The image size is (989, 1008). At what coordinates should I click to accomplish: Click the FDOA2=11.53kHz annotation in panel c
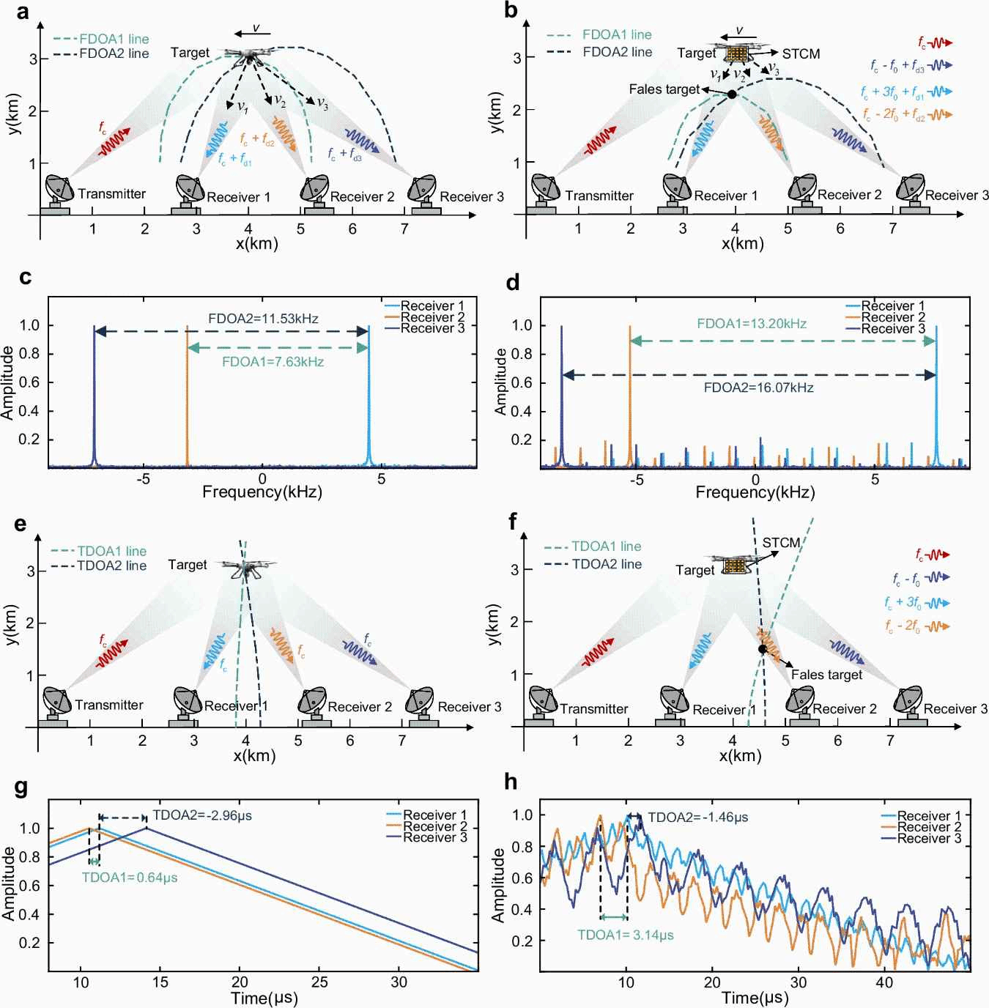263,319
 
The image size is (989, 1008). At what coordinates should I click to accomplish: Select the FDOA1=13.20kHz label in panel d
752,324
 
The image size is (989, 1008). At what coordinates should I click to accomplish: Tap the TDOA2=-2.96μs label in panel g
202,815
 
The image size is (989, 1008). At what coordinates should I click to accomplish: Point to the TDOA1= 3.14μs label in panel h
625,935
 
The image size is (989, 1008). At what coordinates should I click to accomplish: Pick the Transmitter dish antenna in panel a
59,190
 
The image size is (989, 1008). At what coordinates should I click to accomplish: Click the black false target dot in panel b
731,94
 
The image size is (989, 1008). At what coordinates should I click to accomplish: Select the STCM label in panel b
801,53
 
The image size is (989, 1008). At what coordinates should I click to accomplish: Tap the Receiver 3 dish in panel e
420,701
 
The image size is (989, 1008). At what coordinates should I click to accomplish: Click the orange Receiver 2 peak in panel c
187,396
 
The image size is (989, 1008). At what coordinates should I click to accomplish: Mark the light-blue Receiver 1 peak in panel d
936,396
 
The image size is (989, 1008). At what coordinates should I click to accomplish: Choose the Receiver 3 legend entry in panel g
434,837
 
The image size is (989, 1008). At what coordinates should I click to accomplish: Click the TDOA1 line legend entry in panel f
606,546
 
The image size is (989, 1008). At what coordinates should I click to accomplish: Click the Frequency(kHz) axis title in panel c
262,492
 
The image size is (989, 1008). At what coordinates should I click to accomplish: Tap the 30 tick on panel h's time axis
799,982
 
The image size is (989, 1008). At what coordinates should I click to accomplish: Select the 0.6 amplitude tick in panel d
522,383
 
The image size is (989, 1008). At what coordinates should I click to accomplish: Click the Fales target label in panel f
826,675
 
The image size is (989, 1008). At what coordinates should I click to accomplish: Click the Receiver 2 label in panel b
849,195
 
